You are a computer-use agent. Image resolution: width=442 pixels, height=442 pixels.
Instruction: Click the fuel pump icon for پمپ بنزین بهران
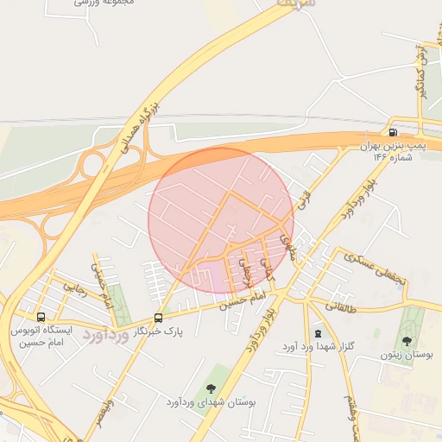394,133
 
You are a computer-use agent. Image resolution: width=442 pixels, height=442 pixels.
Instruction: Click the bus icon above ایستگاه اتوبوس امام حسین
41,317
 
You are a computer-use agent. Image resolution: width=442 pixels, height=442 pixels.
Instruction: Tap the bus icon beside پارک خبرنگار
157,317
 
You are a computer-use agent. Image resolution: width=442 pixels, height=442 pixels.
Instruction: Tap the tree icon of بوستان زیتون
407,341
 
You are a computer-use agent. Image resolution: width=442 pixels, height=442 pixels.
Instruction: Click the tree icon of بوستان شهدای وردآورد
211,388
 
